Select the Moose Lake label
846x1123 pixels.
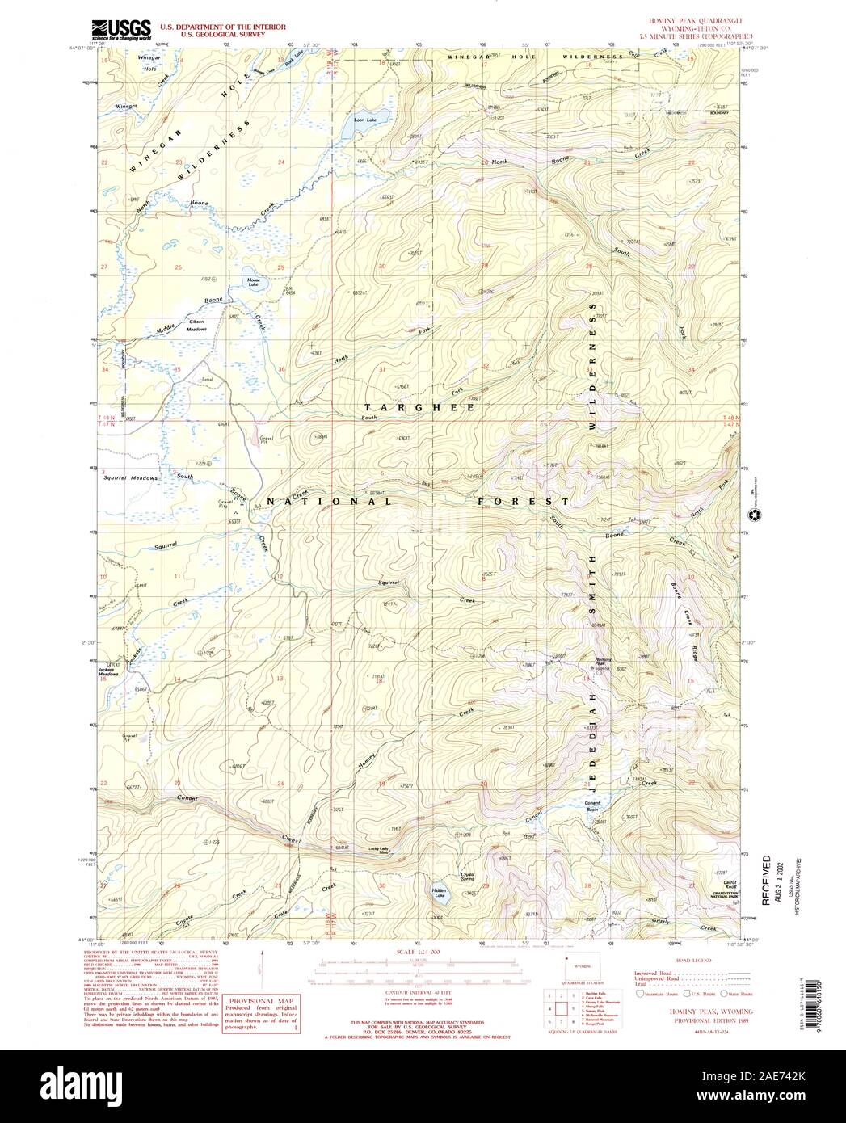pyautogui.click(x=254, y=284)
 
